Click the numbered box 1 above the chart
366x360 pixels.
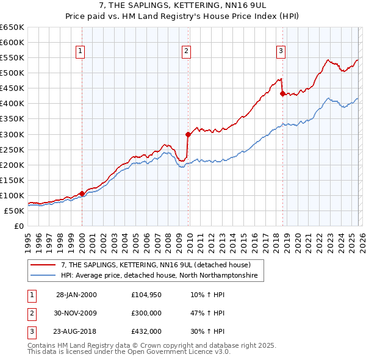[x=81, y=52]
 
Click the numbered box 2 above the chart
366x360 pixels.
[x=186, y=52]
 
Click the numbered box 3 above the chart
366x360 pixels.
[x=281, y=52]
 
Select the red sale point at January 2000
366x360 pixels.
[x=82, y=193]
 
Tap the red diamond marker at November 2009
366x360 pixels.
[x=188, y=134]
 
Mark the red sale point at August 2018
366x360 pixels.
[x=282, y=93]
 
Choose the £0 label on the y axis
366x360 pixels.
[x=18, y=226]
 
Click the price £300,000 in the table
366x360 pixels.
[x=146, y=312]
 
